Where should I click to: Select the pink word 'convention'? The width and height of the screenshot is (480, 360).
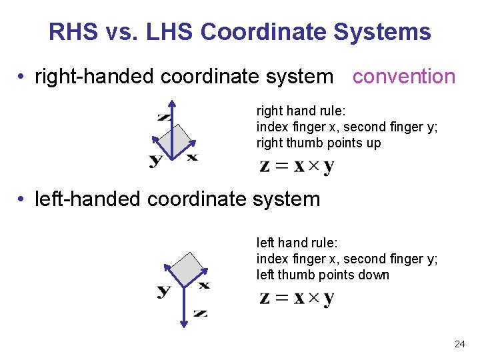pyautogui.click(x=404, y=77)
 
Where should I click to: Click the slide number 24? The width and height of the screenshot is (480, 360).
pyautogui.click(x=459, y=344)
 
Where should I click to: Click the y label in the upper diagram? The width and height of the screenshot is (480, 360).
pyautogui.click(x=155, y=159)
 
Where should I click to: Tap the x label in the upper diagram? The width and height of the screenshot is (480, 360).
pyautogui.click(x=192, y=157)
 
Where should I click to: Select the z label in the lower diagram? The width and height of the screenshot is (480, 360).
pyautogui.click(x=200, y=312)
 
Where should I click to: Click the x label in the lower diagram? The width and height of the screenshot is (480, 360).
pyautogui.click(x=204, y=285)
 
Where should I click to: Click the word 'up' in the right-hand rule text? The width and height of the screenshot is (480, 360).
pyautogui.click(x=374, y=143)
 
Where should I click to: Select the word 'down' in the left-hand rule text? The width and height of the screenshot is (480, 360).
pyautogui.click(x=375, y=275)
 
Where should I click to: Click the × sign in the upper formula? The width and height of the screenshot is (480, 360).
pyautogui.click(x=309, y=166)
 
